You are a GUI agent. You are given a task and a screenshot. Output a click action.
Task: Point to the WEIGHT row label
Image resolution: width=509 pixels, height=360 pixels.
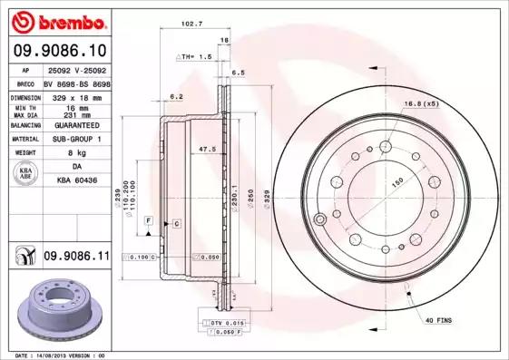tap(24, 153)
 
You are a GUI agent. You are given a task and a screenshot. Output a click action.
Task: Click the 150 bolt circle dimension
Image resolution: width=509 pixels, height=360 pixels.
tap(396, 181)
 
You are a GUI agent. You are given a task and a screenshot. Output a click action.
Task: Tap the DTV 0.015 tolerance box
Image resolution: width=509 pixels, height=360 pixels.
tap(227, 323)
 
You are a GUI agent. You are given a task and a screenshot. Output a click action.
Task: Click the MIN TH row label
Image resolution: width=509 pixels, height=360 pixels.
tap(24, 106)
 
